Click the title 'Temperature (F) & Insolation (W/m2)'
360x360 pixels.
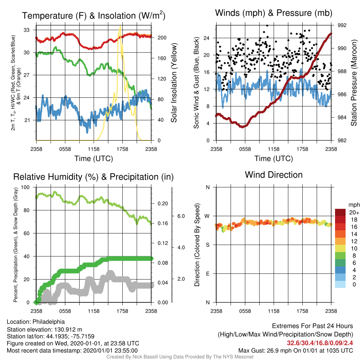pos(94,15)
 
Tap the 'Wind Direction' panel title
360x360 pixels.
pos(274,175)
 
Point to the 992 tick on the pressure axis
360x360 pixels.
pos(342,25)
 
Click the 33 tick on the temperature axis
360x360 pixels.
pos(27,30)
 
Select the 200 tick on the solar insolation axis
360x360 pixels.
pos(162,38)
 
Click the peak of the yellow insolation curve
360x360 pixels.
pos(120,26)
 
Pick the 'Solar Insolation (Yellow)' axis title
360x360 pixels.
pos(174,83)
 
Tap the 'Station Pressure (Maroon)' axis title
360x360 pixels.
pos(354,83)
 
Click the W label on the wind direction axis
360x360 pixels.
pos(207,216)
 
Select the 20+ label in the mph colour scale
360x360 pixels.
pos(354,212)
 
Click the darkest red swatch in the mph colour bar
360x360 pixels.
pos(340,212)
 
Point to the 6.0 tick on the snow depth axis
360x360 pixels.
pos(181,216)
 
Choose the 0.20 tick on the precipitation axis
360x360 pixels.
pos(163,204)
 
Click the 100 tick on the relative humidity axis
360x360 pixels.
pos(25,187)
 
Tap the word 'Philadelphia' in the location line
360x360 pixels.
pos(49,322)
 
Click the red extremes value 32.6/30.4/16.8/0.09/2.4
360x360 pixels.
pos(320,343)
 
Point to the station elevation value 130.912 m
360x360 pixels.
pos(68,329)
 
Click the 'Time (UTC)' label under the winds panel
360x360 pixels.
pos(274,159)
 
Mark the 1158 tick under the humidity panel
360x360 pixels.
pos(94,311)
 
